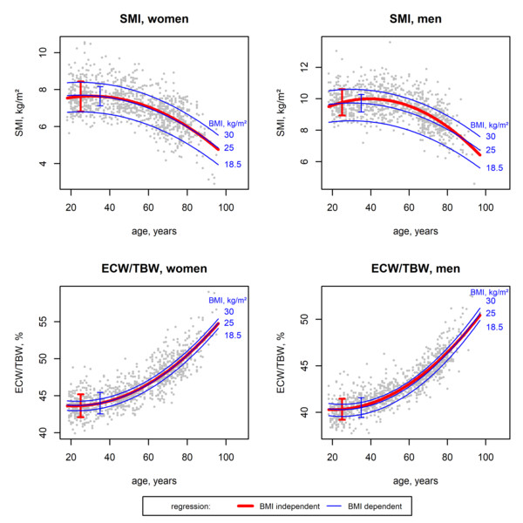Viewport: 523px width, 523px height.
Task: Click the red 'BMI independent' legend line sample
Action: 256,504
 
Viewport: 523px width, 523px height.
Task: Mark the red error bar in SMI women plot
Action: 80,96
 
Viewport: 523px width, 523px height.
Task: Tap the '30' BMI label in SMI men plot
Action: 490,136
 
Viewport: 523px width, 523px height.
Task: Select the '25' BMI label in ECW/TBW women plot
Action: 228,323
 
